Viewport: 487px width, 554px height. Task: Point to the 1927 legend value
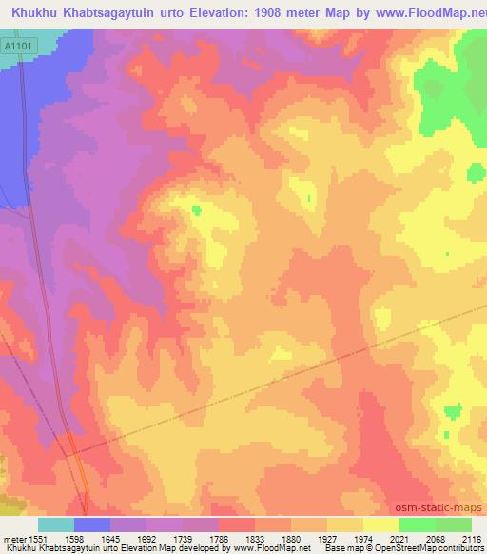click(x=343, y=539)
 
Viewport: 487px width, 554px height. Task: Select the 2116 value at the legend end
click(x=471, y=539)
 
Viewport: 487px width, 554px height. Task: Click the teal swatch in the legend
click(x=56, y=524)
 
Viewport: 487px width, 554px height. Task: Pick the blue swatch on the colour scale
click(x=92, y=524)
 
